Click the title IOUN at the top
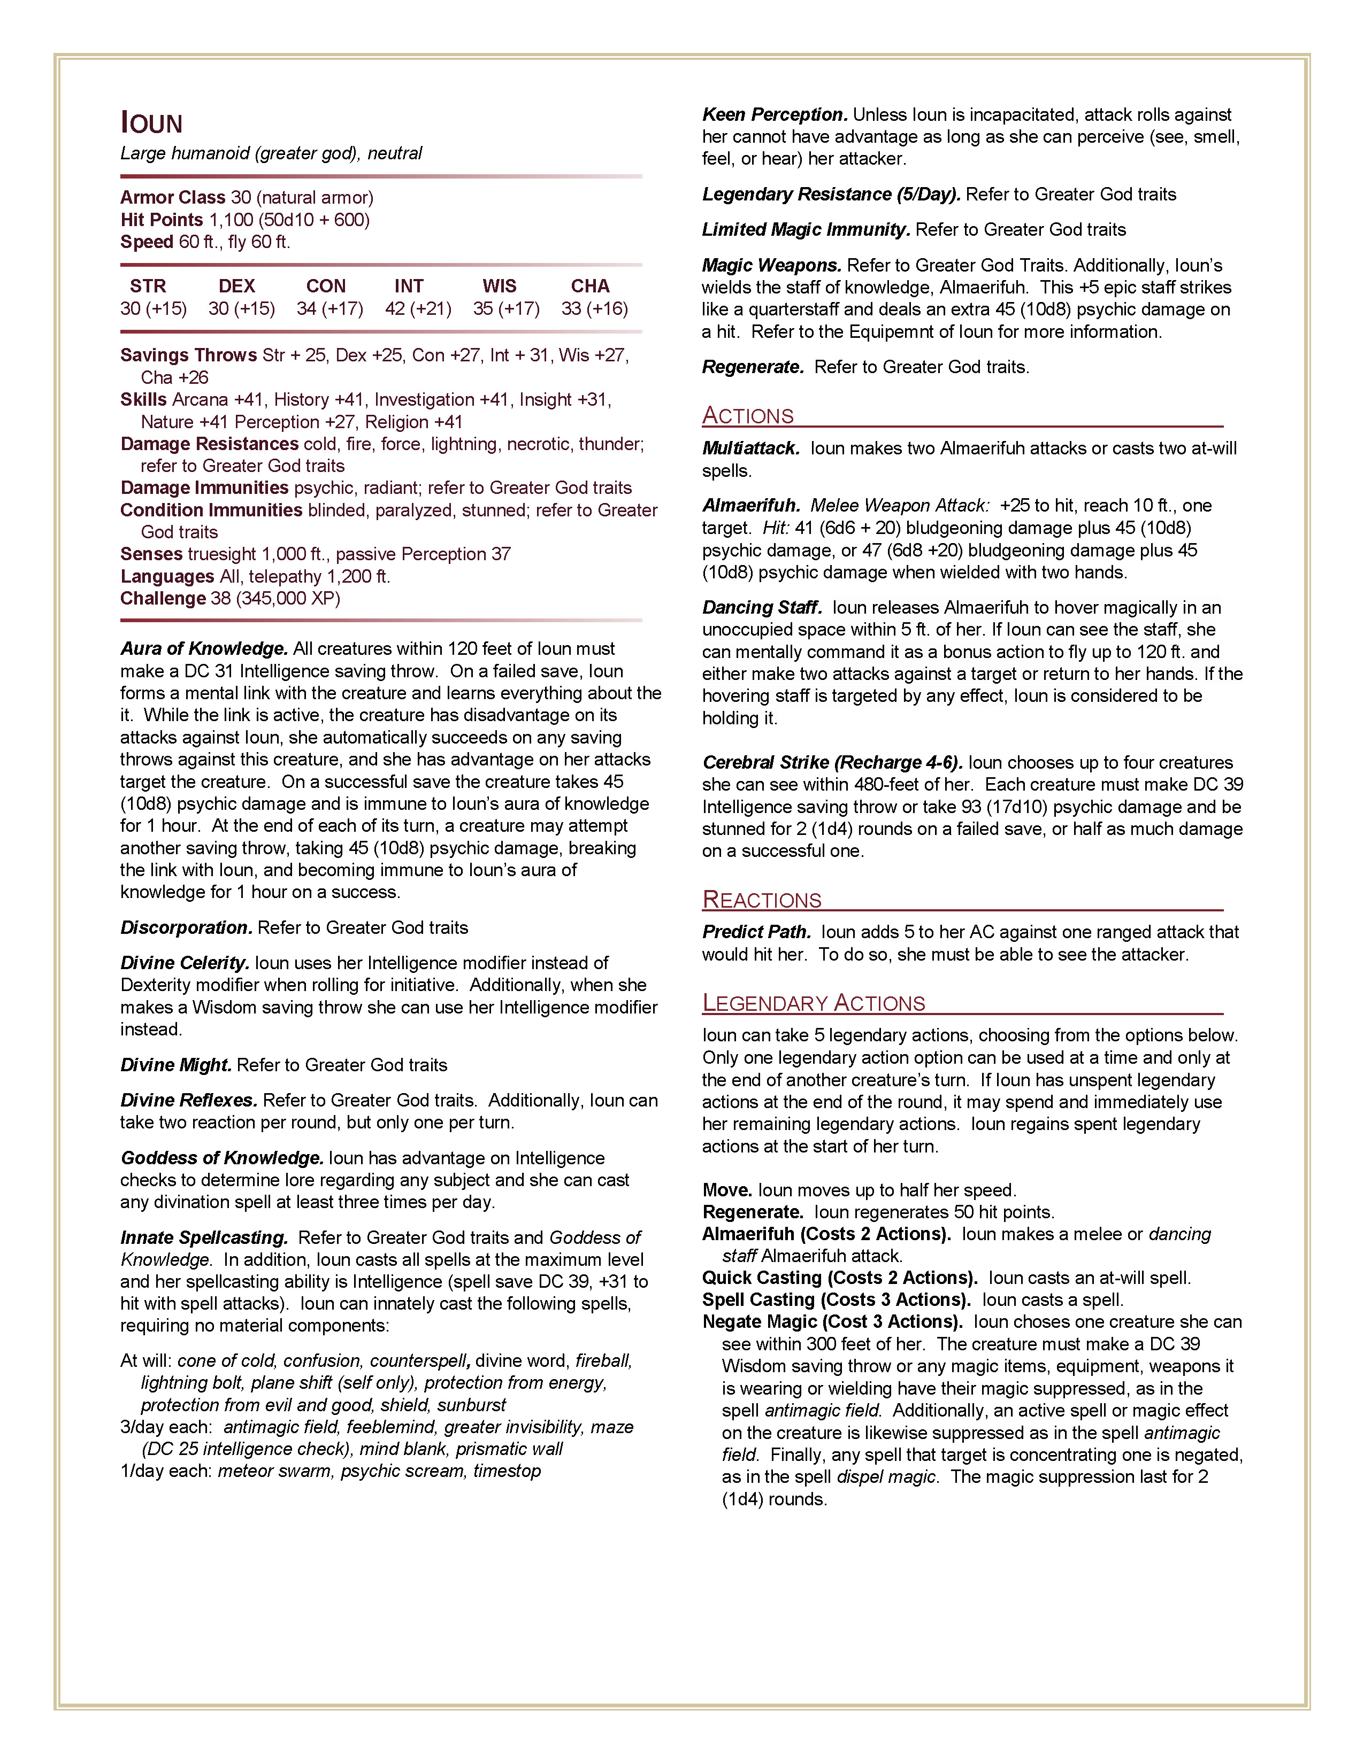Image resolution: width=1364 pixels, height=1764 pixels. click(x=152, y=123)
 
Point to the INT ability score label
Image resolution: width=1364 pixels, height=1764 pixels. click(x=409, y=286)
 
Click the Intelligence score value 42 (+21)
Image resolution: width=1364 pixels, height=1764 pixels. click(x=418, y=308)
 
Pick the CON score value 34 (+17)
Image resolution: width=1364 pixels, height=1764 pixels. click(x=329, y=308)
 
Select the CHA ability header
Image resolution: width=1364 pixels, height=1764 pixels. click(x=590, y=286)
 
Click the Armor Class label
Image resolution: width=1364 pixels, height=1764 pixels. click(x=173, y=197)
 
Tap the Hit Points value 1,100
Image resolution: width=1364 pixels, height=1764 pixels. click(x=231, y=220)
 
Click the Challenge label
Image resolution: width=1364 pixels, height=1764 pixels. click(x=163, y=599)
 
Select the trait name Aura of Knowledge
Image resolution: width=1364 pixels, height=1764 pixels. click(x=204, y=648)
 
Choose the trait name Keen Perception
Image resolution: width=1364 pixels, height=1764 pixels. click(x=774, y=115)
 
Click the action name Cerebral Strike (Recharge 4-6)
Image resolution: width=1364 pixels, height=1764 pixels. click(x=832, y=762)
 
